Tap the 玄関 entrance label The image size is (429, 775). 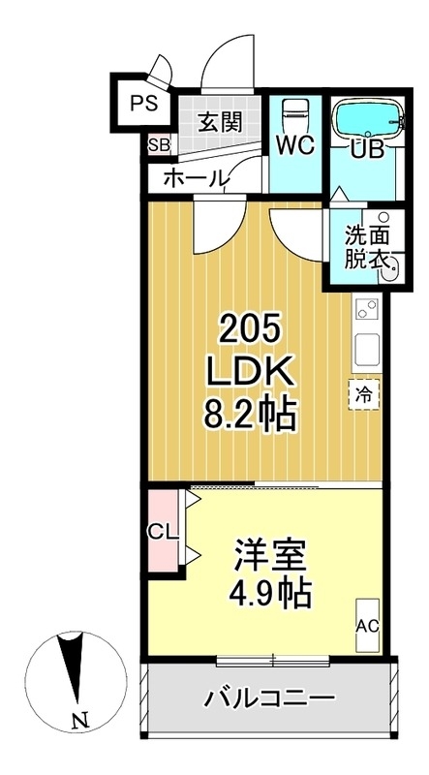click(220, 122)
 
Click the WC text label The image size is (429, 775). click(293, 145)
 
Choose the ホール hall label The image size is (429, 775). click(196, 177)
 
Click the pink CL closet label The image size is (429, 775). click(162, 532)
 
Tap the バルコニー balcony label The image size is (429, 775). click(270, 698)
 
